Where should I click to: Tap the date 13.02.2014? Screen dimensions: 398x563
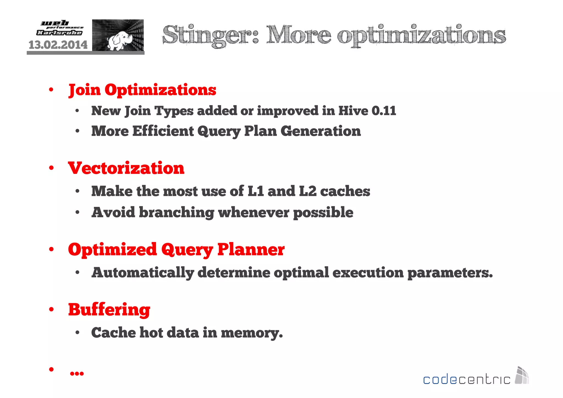58,45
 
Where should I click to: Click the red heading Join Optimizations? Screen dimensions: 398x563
142,90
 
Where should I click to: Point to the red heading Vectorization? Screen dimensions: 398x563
126,168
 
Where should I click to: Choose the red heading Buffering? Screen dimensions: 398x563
109,310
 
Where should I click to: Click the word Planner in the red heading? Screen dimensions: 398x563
251,249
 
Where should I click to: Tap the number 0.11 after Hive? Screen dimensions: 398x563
384,111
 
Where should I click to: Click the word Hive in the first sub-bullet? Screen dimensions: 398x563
353,111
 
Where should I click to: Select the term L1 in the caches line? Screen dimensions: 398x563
255,191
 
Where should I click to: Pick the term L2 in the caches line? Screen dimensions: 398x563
308,191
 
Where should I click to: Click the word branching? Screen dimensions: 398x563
176,213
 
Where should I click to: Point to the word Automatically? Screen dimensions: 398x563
143,273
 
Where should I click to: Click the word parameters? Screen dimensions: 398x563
450,273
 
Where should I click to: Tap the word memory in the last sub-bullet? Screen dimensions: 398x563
252,333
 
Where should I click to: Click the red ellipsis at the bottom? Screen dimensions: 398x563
77,373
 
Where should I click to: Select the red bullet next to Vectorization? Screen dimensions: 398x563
51,168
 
